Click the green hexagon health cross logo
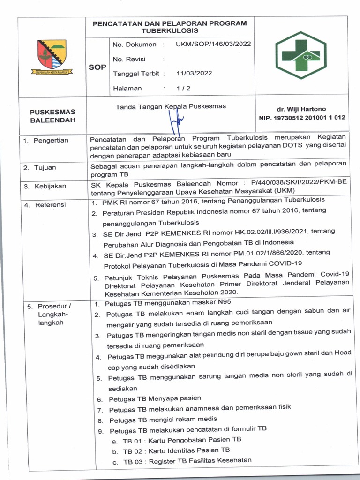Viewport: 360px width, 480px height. pyautogui.click(x=298, y=56)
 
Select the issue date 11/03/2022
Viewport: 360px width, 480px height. pyautogui.click(x=194, y=74)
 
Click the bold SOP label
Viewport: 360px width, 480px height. pyautogui.click(x=97, y=67)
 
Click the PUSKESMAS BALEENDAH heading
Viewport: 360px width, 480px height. pyautogui.click(x=52, y=116)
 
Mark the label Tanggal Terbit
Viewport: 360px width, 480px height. pyautogui.click(x=136, y=74)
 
